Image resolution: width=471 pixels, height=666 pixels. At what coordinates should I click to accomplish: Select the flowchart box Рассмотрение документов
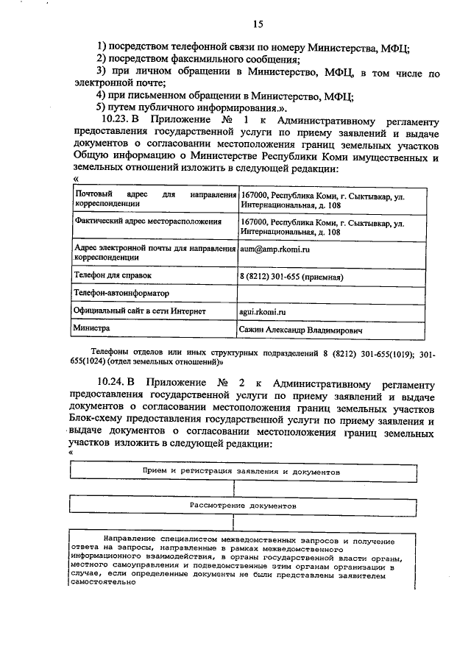(243, 507)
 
